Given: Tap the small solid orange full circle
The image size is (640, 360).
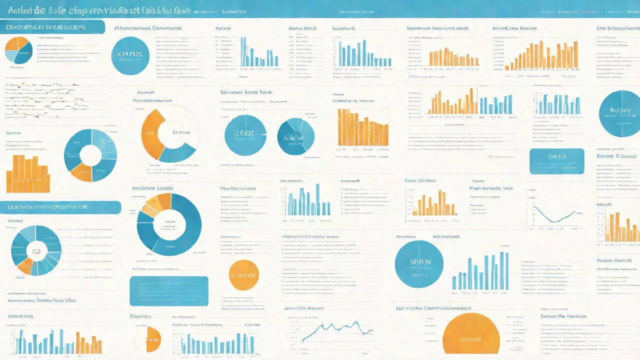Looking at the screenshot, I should pyautogui.click(x=243, y=275).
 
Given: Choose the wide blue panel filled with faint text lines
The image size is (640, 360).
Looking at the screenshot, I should pyautogui.click(x=168, y=290).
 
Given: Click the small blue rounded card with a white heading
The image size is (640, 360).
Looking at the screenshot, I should pyautogui.click(x=556, y=161).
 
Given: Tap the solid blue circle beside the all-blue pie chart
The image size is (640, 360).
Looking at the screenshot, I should pyautogui.click(x=245, y=134).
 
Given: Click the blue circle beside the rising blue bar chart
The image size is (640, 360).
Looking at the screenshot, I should pyautogui.click(x=419, y=263).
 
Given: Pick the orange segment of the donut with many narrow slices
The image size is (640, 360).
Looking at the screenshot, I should pyautogui.click(x=24, y=264).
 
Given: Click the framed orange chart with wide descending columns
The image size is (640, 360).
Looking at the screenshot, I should pyautogui.click(x=363, y=128).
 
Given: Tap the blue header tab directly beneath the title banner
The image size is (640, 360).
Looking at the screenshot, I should pyautogui.click(x=52, y=27).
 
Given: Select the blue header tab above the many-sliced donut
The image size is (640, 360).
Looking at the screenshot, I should pyautogui.click(x=60, y=207).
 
